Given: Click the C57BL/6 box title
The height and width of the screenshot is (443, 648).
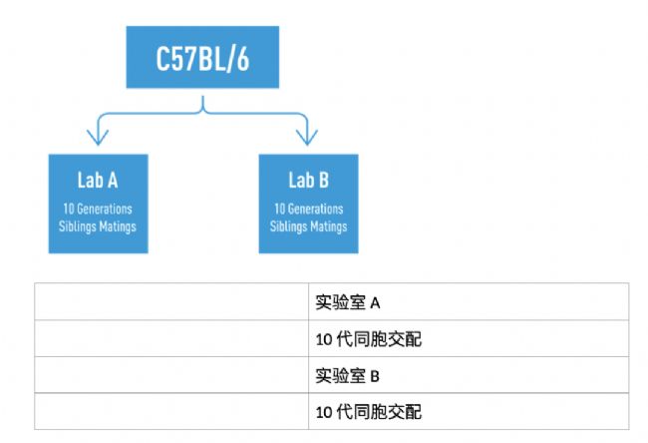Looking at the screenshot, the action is click(x=202, y=58).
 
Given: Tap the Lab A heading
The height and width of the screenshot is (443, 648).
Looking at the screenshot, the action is click(x=98, y=181).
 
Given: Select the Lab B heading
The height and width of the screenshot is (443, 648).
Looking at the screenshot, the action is click(x=308, y=181).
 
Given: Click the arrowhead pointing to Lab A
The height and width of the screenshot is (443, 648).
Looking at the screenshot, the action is click(x=98, y=138).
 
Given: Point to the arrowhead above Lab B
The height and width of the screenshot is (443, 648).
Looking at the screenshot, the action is click(x=307, y=138).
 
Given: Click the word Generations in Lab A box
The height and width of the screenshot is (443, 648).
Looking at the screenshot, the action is click(x=105, y=209).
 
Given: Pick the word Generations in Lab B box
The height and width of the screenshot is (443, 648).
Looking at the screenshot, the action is click(x=315, y=209).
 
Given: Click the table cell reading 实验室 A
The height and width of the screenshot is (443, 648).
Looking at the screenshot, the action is click(x=469, y=302).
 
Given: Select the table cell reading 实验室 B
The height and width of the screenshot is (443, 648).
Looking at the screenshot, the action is click(x=469, y=375).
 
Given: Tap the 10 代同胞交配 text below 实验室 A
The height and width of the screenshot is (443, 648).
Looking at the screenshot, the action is click(x=369, y=339).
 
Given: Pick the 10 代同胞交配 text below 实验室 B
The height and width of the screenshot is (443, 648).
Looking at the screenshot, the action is click(x=369, y=412).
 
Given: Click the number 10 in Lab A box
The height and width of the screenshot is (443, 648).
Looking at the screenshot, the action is click(x=69, y=209).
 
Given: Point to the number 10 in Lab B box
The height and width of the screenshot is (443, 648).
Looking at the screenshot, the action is click(x=280, y=209).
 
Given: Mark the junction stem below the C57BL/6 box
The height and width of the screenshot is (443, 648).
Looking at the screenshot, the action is click(x=202, y=104).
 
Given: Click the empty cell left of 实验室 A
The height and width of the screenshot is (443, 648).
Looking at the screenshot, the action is click(x=171, y=302).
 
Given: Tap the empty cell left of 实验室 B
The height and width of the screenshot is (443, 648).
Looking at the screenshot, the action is click(x=171, y=375).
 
